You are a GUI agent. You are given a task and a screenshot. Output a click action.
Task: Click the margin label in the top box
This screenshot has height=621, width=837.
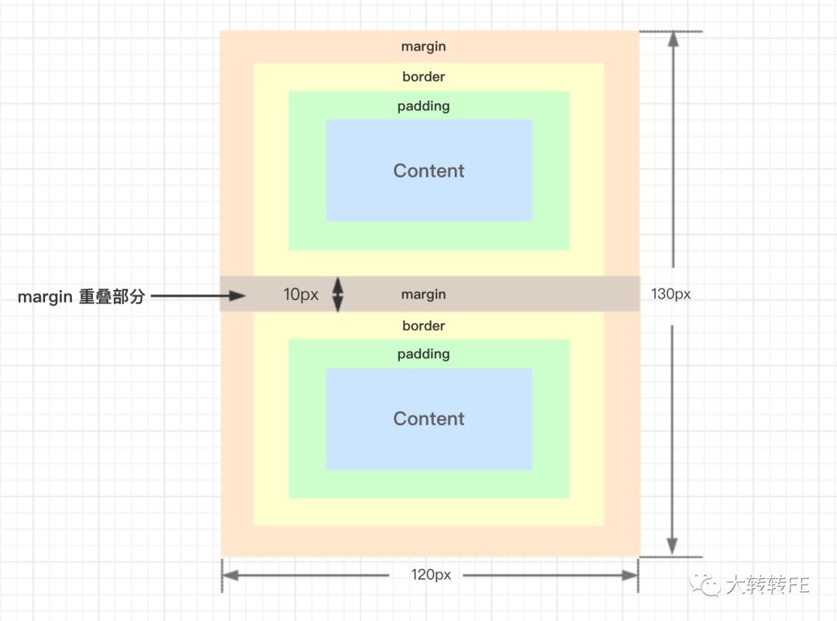pos(423,47)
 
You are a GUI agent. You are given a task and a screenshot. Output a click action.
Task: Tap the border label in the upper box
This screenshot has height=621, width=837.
pos(423,76)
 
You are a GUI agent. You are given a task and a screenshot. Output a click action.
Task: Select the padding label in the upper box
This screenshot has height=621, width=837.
pos(423,106)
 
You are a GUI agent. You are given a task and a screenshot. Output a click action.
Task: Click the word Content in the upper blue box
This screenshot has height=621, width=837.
pos(429,171)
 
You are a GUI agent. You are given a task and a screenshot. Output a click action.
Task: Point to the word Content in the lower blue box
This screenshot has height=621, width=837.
pos(429,419)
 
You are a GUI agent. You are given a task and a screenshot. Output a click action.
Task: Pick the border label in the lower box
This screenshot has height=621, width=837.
pos(423,326)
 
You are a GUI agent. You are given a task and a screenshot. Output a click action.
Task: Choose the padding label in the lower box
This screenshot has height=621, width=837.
pos(423,354)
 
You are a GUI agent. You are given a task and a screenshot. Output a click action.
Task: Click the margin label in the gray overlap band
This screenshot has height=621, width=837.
pos(423,295)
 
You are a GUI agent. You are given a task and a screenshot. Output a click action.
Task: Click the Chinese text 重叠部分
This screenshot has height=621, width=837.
pos(112,296)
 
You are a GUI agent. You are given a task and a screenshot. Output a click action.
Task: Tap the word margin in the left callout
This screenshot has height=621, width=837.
pos(45,297)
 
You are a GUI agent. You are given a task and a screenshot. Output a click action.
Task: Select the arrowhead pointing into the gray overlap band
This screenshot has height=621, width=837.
pos(237,295)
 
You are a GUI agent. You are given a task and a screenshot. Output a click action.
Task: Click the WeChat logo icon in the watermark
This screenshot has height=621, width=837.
pos(705,585)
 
